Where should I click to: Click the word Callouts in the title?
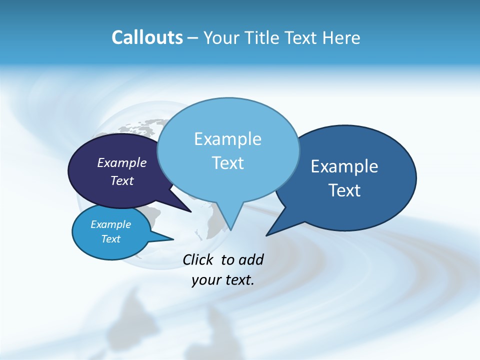click(147, 37)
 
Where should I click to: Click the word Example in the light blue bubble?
click(227, 139)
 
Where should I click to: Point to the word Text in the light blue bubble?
click(227, 163)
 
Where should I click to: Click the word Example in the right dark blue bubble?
click(344, 166)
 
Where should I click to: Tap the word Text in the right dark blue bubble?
click(344, 190)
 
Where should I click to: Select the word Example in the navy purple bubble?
click(122, 162)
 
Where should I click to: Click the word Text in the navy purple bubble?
click(122, 180)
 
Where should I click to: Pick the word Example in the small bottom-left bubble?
click(111, 224)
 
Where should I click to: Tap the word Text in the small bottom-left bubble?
click(111, 239)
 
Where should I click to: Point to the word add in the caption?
click(250, 259)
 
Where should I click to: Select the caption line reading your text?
click(223, 280)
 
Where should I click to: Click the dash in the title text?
click(193, 38)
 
